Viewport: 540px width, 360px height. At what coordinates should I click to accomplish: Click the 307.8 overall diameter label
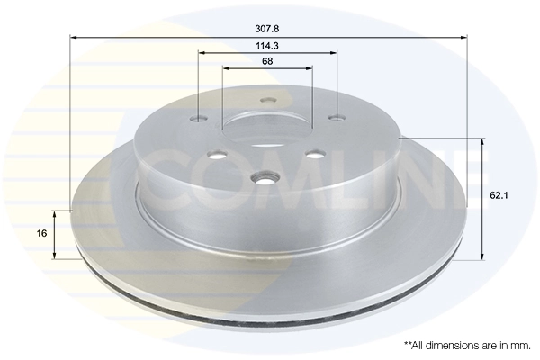267,29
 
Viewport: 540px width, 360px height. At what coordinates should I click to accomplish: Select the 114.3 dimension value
267,46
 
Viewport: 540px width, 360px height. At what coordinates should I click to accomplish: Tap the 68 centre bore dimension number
267,61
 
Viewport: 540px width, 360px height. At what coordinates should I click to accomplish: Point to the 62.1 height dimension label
499,195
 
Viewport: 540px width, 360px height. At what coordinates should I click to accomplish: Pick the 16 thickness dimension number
41,234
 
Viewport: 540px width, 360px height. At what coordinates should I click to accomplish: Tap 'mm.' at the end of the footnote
523,346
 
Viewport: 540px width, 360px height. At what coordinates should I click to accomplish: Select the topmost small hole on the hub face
268,101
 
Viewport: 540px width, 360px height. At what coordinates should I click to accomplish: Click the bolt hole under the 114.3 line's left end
199,119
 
